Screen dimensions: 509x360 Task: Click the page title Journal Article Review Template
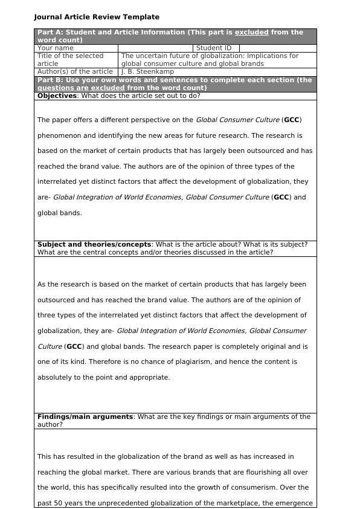pyautogui.click(x=97, y=17)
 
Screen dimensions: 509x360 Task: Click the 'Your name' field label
pyautogui.click(x=56, y=48)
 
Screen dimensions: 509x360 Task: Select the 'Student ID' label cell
pyautogui.click(x=214, y=48)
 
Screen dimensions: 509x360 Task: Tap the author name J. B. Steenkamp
pyautogui.click(x=147, y=71)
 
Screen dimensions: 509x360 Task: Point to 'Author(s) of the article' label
pyautogui.click(x=75, y=71)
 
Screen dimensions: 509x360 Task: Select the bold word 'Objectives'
pyautogui.click(x=57, y=96)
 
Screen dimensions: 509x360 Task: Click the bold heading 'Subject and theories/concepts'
pyautogui.click(x=94, y=244)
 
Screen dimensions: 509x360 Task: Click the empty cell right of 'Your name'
pyautogui.click(x=155, y=48)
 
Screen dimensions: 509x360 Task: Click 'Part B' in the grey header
pyautogui.click(x=50, y=80)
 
